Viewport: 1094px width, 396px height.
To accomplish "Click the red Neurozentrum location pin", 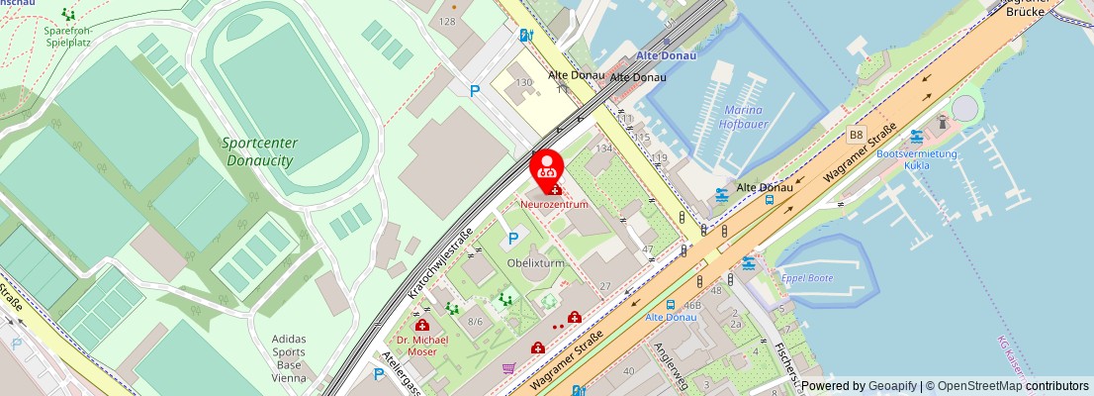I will [x=547, y=166].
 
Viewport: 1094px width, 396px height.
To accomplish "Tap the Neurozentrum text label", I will [x=554, y=204].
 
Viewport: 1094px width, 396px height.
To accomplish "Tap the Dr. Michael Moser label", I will [x=422, y=346].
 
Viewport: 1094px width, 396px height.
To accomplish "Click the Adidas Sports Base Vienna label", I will [x=290, y=357].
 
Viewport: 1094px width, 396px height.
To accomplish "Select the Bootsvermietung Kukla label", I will [x=917, y=159].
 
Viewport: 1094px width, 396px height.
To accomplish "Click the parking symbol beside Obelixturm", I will [x=512, y=238].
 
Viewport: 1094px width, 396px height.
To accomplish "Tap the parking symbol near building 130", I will [x=475, y=91].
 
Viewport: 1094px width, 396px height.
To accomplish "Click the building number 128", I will [x=447, y=21].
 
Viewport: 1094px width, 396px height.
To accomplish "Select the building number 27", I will [x=603, y=286].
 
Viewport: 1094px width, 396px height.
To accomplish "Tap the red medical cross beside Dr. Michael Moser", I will [x=421, y=325].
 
